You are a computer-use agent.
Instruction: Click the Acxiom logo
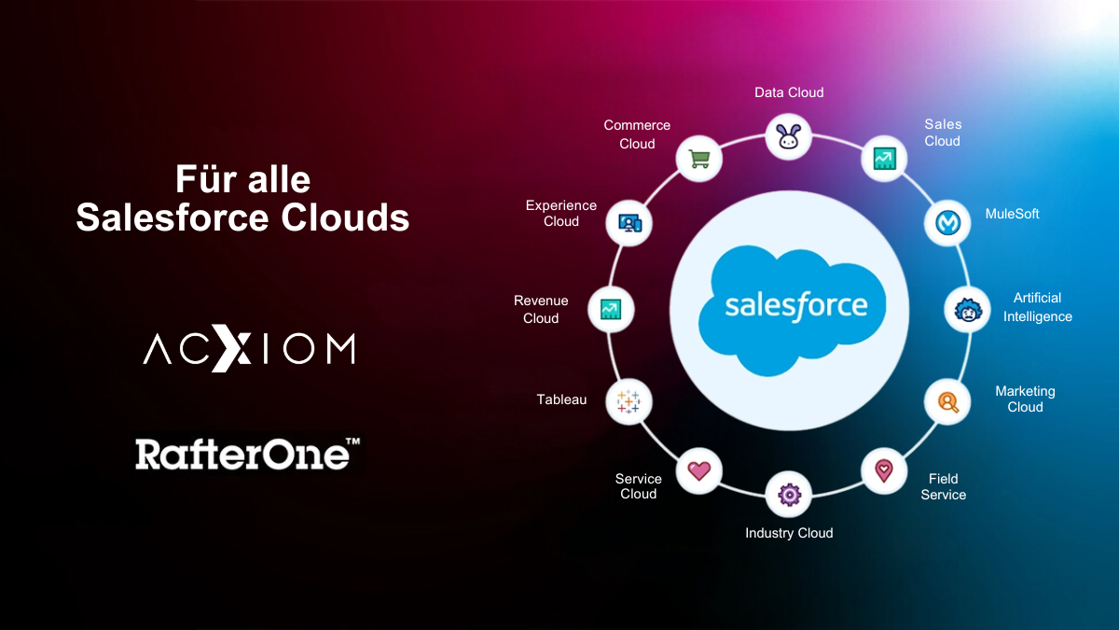click(248, 349)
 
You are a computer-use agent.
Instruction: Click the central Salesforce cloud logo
click(796, 305)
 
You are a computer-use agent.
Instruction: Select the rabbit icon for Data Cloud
click(789, 136)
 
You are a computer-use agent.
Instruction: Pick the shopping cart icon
click(699, 159)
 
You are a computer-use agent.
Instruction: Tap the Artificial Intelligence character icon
click(967, 310)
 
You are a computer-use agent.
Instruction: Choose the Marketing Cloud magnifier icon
click(947, 401)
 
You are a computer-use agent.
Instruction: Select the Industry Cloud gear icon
click(789, 494)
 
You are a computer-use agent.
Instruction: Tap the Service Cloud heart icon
click(699, 470)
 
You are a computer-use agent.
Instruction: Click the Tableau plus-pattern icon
click(629, 401)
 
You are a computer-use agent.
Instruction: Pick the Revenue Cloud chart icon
click(612, 309)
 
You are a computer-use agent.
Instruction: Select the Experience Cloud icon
click(630, 222)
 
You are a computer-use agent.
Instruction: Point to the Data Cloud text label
click(789, 92)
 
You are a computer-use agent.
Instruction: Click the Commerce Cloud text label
click(637, 134)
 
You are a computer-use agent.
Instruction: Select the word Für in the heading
click(201, 178)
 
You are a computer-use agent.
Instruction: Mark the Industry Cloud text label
click(789, 533)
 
